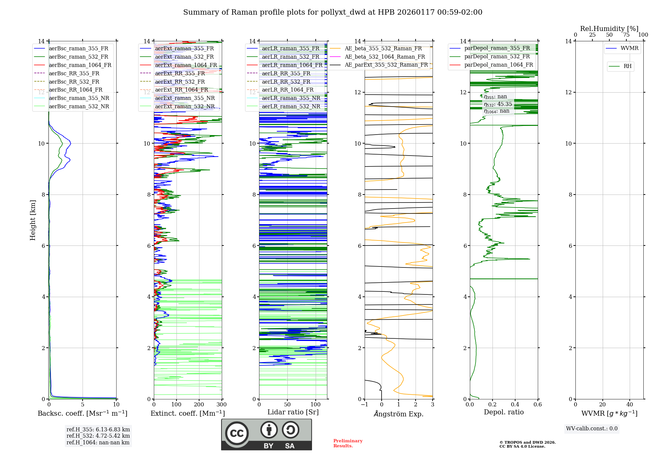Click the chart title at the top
[x=333, y=12]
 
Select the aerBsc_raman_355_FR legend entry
[x=78, y=49]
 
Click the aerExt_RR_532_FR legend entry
[x=180, y=82]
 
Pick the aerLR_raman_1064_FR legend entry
[x=292, y=65]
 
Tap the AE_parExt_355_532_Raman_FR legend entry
[x=386, y=65]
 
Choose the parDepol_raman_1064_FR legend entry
[x=499, y=65]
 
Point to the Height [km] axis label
[x=33, y=220]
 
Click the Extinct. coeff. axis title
[x=188, y=413]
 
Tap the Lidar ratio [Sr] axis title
[x=293, y=412]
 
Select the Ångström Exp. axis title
[x=399, y=414]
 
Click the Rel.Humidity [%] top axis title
[x=609, y=29]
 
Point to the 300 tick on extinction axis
[x=221, y=405]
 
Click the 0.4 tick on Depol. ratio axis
[x=515, y=405]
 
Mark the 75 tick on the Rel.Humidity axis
[x=626, y=35]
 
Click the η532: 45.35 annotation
[x=498, y=104]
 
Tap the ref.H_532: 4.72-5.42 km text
[x=98, y=436]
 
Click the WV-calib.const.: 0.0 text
[x=592, y=429]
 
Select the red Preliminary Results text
[x=348, y=443]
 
